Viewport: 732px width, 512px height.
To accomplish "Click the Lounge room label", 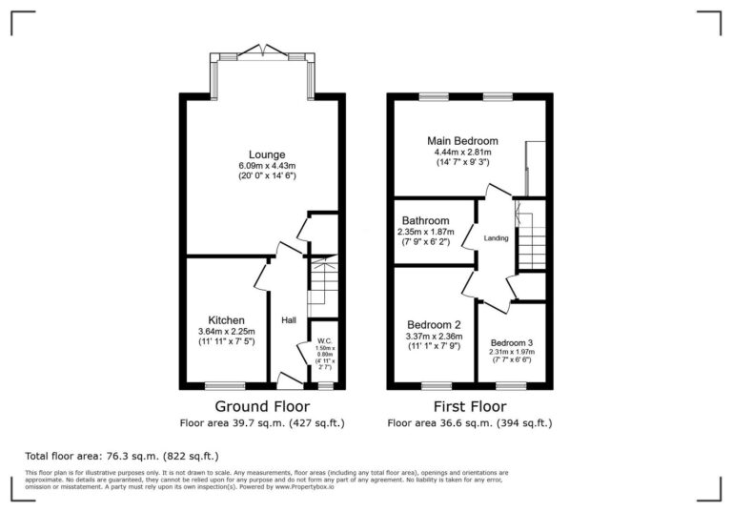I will click(267, 154).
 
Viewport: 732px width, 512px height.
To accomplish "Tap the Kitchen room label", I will click(227, 319).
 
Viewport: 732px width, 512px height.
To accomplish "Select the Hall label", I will click(287, 319).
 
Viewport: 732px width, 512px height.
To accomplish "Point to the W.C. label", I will click(326, 340).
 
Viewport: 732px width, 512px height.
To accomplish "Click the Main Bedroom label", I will click(462, 140).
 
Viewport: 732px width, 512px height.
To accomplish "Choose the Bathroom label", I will click(425, 220).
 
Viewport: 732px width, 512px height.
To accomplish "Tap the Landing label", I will click(496, 237).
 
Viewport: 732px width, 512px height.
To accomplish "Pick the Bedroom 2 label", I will click(434, 323).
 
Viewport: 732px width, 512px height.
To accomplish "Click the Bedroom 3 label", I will click(513, 342).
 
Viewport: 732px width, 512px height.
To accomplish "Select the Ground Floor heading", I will click(261, 405).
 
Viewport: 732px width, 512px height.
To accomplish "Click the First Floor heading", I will click(469, 405).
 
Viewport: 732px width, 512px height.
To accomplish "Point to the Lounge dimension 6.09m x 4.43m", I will click(267, 167).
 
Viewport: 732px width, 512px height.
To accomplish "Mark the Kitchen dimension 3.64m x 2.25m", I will click(227, 331).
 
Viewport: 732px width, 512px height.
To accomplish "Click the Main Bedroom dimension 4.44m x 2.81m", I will click(462, 153).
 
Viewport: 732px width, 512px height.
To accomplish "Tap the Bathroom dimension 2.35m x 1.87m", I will click(425, 232).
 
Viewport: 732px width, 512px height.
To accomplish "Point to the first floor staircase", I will click(530, 235).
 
